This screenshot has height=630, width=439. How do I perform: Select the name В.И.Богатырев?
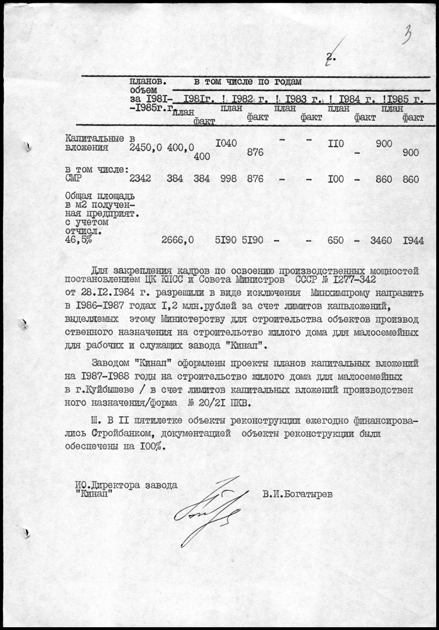pos(297,494)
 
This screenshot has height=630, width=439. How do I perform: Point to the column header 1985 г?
pos(405,99)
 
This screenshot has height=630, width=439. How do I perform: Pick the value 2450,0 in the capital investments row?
pos(146,148)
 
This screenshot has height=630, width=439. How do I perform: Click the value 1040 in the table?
pos(226,143)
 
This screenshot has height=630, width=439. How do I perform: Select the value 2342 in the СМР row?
pos(140,179)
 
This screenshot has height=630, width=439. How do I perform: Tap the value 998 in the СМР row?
pos(229,179)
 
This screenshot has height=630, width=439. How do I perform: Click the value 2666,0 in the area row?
pos(177,240)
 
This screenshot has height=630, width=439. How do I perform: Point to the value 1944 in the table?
pos(413,240)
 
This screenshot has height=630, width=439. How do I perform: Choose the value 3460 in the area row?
pos(381,240)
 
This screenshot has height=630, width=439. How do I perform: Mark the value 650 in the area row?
pos(336,240)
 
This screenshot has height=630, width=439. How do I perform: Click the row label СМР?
pos(74,179)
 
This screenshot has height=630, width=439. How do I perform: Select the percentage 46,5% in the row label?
pos(79,240)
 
